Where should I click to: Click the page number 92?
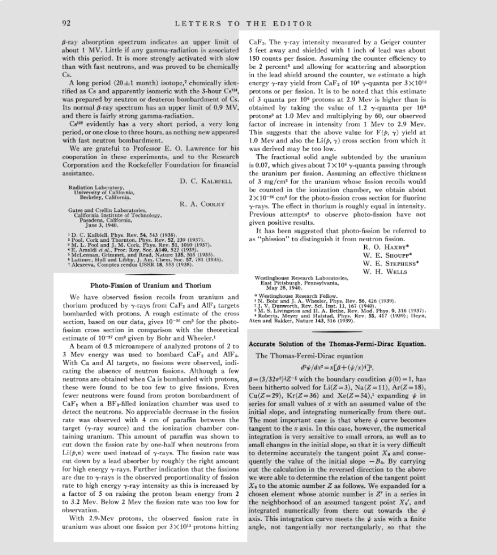click(x=66, y=23)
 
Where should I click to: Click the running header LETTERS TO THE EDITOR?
click(x=243, y=23)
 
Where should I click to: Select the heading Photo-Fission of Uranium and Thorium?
click(x=150, y=286)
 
